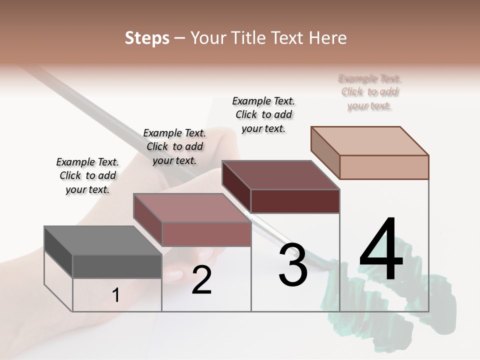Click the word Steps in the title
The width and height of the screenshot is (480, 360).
(x=147, y=38)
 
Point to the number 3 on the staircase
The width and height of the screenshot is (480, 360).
(x=292, y=265)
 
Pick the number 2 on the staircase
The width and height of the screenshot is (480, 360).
(x=201, y=280)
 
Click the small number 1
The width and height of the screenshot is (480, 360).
(x=116, y=295)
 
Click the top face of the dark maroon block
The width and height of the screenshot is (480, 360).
(x=280, y=175)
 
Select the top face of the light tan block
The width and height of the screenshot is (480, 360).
(x=369, y=141)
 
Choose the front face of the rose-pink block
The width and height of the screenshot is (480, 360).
(x=206, y=234)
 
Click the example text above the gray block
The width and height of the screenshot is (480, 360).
(x=87, y=175)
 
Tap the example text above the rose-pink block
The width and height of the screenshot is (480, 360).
(x=174, y=146)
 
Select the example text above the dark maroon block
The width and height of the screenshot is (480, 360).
(x=263, y=114)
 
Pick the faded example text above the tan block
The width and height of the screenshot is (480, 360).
(x=369, y=92)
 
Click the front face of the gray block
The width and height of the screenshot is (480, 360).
(x=117, y=266)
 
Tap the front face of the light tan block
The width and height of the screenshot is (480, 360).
(x=384, y=167)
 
